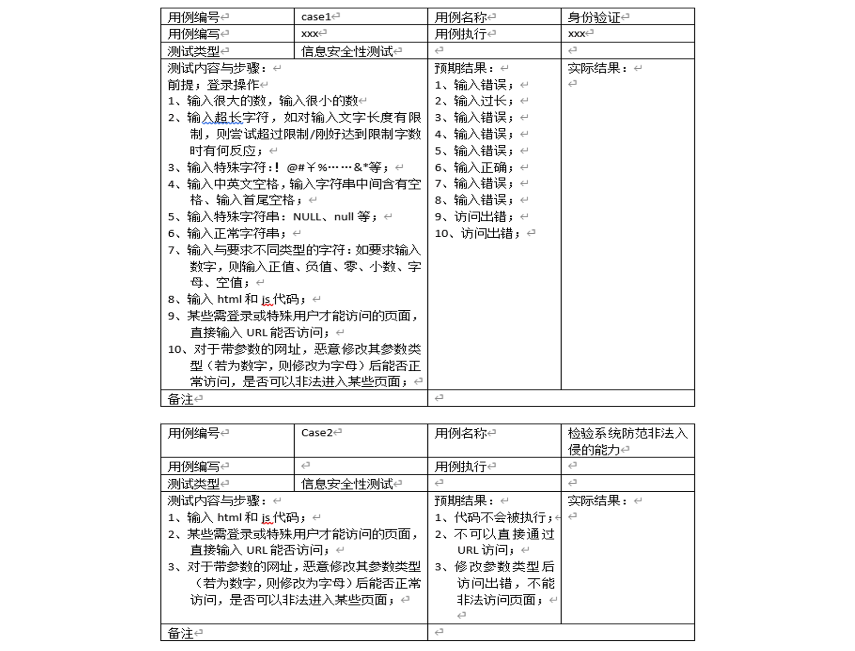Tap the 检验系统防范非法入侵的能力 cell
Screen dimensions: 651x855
627,440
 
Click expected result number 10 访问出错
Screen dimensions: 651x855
488,233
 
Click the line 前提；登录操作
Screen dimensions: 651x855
213,85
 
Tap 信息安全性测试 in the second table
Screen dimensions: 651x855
347,484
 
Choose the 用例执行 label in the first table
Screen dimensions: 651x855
460,34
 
